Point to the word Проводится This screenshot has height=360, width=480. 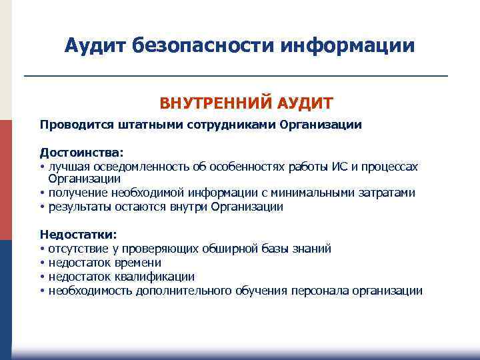point(70,125)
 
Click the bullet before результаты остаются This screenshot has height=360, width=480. point(42,207)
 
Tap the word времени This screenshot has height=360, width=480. point(138,263)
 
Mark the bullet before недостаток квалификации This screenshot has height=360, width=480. point(42,277)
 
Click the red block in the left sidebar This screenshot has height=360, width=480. point(6,180)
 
